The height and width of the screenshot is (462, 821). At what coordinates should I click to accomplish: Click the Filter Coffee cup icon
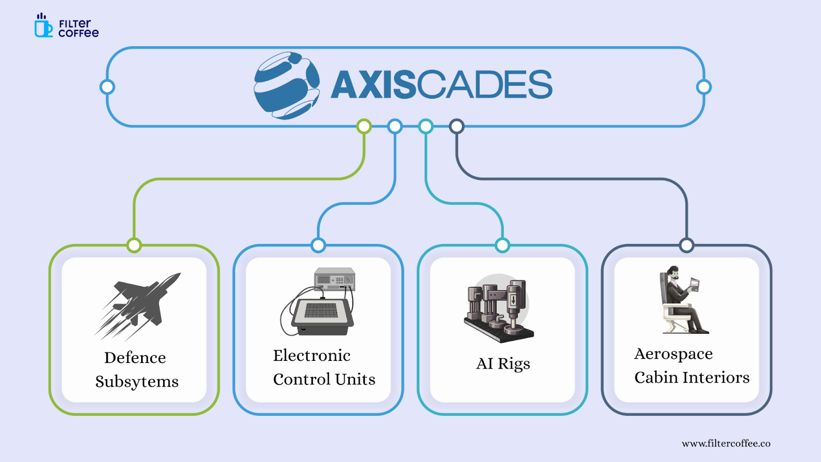coord(43,27)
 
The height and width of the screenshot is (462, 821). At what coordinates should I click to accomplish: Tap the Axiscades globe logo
coord(286,86)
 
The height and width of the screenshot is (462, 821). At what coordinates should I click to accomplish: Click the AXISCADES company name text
coord(441,85)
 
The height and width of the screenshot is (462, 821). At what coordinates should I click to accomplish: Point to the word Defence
coord(135,357)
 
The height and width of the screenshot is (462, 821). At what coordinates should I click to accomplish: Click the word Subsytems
coord(136,381)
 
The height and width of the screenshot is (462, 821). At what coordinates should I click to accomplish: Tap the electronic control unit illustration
coord(319,303)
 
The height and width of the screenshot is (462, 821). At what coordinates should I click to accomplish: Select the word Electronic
coord(311,355)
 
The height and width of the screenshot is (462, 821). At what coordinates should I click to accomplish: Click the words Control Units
coord(324,379)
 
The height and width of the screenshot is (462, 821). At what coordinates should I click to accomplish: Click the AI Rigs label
coord(503,363)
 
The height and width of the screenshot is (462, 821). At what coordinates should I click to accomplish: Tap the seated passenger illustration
coord(682,300)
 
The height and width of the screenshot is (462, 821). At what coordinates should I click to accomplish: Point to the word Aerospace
coord(673,354)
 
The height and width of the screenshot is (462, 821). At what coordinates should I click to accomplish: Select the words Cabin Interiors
coord(692,377)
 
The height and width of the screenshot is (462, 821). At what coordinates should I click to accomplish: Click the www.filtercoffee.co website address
coord(726,444)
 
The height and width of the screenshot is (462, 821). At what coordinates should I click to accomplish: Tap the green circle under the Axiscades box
coord(364,126)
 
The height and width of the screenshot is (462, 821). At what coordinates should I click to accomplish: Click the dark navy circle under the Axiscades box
coord(457,126)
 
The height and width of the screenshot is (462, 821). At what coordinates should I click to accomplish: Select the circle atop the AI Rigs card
coord(502,245)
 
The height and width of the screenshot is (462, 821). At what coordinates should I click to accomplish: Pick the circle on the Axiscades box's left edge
coord(107,87)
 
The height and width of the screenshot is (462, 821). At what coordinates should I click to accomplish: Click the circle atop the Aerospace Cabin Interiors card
coord(687,245)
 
